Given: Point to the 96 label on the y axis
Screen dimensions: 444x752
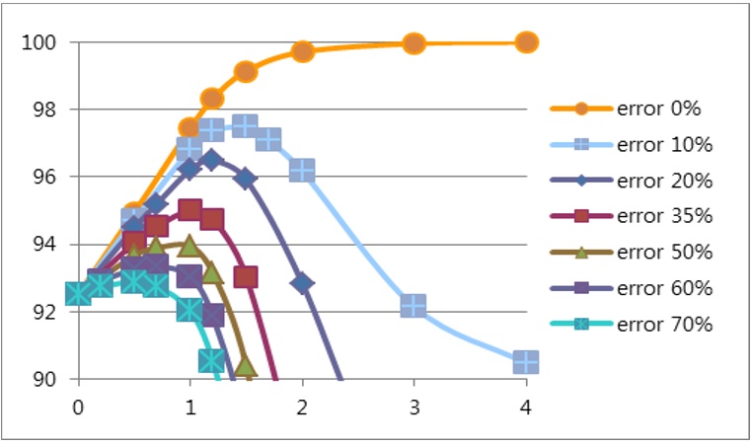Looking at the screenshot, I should pos(45,178).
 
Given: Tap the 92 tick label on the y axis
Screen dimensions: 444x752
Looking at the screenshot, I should pos(45,312).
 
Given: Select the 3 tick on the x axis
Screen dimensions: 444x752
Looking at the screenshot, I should pos(414,407).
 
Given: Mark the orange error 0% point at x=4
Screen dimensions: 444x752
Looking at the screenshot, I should pos(526,41).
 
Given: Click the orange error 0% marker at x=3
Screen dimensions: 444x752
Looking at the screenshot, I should pos(414,42).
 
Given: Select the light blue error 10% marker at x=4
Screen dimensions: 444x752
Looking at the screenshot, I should pos(526,362).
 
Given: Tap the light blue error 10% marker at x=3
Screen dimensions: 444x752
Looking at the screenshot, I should pos(414,306).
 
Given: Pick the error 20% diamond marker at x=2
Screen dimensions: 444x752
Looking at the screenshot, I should pos(302,283).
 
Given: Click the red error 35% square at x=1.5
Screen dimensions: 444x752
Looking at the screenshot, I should pos(246,276).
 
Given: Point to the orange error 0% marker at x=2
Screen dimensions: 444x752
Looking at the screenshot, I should pos(302,51).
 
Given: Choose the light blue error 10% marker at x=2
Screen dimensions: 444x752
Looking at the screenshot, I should pos(302,171).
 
